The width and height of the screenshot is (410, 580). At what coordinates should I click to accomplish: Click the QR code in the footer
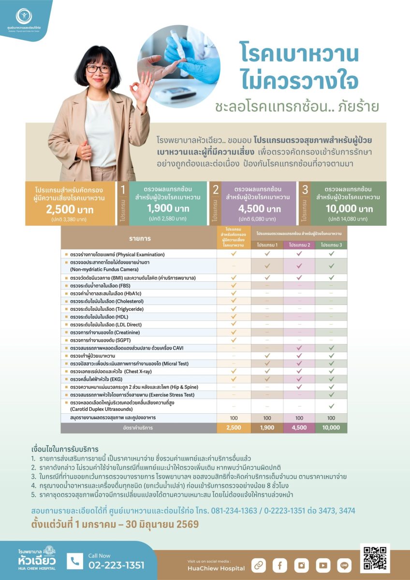coord(375,558)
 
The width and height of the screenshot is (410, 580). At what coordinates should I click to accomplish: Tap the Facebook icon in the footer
coord(280,565)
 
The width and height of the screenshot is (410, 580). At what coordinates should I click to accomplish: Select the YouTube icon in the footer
coord(323,565)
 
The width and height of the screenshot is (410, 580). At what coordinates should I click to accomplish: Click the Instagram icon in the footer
coord(302,565)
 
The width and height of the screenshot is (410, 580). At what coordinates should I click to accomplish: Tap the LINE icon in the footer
coord(345,565)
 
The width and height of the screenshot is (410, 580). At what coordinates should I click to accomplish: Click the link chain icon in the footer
coord(259,565)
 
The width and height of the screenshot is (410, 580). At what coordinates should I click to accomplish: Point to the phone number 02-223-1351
coord(116,565)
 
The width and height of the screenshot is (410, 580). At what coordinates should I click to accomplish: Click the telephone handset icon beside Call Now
coord(75,561)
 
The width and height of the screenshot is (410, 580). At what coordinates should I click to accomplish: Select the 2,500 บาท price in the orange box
coord(70,210)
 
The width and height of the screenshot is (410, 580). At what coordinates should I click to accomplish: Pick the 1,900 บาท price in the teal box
coord(168,208)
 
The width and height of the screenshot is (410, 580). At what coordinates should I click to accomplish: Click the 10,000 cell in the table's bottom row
coord(331,428)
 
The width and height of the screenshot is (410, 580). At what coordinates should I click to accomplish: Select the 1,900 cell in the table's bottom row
coord(267,428)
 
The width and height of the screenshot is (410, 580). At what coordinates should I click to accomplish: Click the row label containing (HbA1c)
coord(106,293)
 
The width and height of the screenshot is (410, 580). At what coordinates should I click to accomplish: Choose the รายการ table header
coord(140,239)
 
